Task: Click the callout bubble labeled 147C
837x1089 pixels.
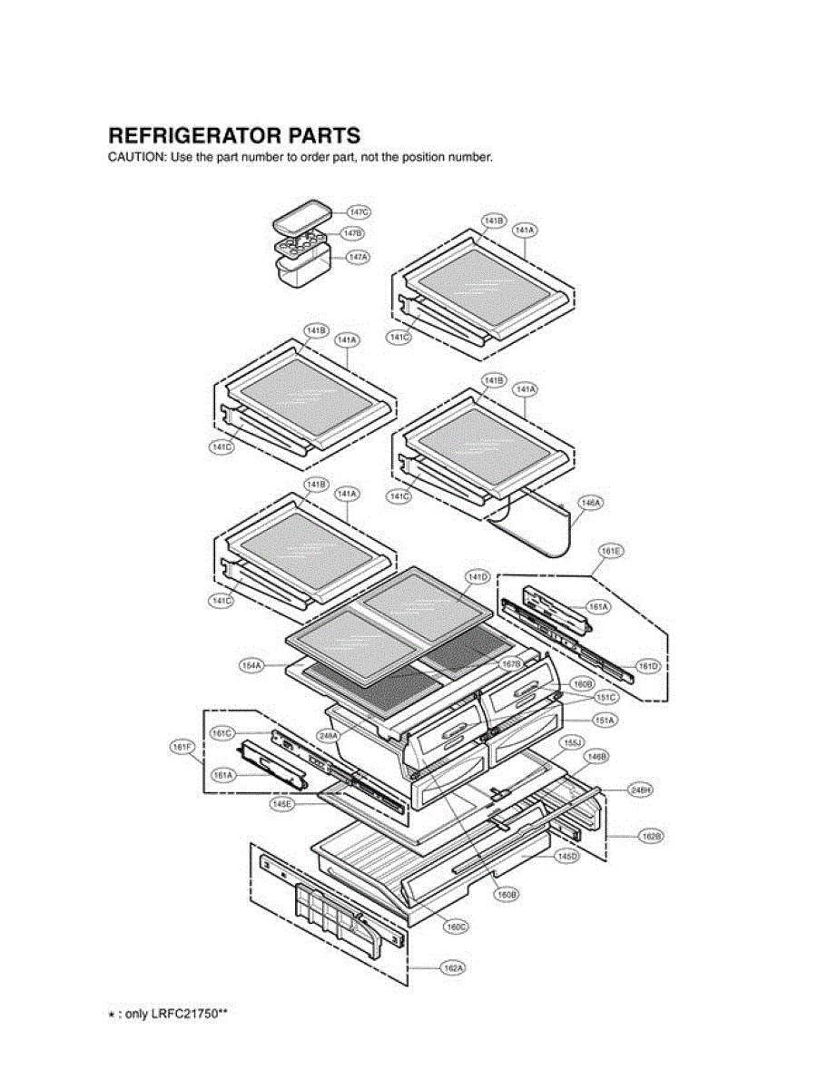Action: click(359, 211)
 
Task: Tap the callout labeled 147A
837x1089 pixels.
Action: click(359, 257)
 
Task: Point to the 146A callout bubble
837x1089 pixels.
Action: click(592, 501)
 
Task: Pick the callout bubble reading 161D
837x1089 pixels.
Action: click(647, 666)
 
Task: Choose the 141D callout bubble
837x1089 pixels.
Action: click(478, 577)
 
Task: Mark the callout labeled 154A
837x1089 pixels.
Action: click(251, 666)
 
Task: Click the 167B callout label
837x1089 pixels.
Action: click(511, 663)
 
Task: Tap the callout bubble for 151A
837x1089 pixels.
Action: click(606, 720)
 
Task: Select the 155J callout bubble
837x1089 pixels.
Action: click(571, 741)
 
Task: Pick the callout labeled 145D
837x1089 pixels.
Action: click(567, 855)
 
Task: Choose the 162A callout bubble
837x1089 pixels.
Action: click(453, 968)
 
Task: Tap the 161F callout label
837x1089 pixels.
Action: click(183, 747)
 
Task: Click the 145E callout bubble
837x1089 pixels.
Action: click(283, 804)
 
